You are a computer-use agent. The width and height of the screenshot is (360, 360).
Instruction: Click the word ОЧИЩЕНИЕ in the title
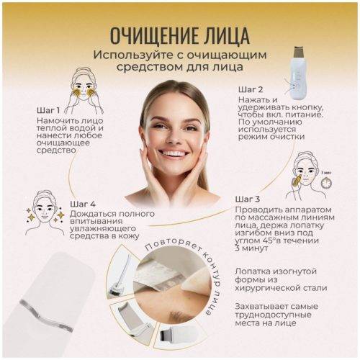click(154, 36)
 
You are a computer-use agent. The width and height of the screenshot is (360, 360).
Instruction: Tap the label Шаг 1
click(48, 110)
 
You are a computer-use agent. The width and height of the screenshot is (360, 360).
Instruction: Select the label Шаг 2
click(251, 90)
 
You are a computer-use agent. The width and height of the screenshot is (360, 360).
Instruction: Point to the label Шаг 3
click(248, 199)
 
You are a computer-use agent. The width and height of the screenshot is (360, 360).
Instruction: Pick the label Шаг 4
click(83, 204)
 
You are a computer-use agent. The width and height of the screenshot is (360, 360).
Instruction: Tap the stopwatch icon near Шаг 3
click(326, 183)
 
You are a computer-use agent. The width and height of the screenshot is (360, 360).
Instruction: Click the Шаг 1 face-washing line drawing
click(84, 91)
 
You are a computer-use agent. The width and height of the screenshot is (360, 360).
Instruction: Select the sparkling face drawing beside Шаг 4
click(45, 213)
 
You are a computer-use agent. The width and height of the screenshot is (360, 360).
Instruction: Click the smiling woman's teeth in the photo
click(173, 153)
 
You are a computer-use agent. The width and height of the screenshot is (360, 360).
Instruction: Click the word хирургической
click(269, 288)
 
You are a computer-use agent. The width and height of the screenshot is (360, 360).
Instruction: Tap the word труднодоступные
click(273, 315)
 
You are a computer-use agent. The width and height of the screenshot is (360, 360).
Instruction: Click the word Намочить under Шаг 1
click(55, 120)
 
